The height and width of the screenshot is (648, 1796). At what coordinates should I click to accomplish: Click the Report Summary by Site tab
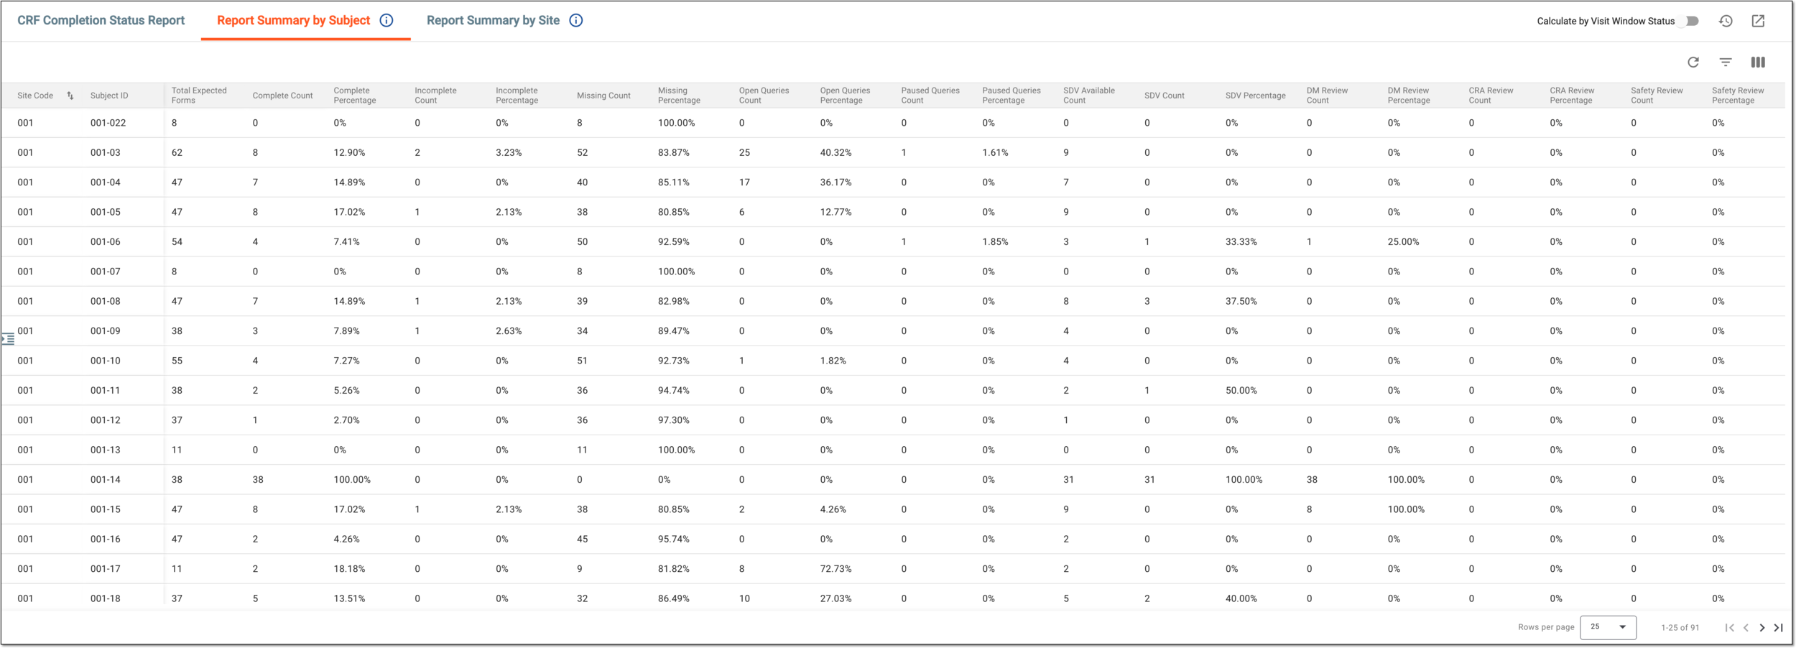(493, 21)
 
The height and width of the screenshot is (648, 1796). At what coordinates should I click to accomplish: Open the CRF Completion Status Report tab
(101, 21)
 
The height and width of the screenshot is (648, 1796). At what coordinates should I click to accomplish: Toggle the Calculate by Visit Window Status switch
(1691, 21)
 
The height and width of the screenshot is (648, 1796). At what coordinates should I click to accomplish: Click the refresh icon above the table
(1693, 63)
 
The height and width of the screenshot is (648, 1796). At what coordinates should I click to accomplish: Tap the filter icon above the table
(1726, 63)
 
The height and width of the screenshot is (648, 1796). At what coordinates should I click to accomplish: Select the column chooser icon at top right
(1758, 63)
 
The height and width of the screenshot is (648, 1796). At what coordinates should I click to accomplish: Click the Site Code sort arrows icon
(70, 96)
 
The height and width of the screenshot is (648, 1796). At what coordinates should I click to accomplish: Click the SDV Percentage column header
(1255, 96)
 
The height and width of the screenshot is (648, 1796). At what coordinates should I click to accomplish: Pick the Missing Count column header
(603, 96)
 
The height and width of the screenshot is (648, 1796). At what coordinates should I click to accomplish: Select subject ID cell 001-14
(106, 480)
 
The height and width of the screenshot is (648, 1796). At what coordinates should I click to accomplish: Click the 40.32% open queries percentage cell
(836, 153)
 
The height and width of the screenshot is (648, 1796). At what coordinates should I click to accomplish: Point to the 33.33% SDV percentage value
(1241, 242)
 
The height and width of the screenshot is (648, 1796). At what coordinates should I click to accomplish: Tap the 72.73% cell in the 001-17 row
(836, 569)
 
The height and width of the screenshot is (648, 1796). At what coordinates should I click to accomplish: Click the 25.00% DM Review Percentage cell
(1404, 242)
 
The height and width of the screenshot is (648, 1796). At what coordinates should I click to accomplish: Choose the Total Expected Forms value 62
(177, 153)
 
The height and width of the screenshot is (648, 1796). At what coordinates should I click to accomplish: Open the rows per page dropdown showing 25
(1608, 627)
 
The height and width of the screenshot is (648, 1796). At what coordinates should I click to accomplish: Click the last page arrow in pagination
(1778, 628)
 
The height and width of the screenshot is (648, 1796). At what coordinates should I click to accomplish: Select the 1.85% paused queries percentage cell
(996, 242)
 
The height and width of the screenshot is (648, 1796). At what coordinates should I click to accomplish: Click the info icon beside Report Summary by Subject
(386, 21)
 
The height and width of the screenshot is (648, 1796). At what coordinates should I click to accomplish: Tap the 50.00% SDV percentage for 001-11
(1241, 391)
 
